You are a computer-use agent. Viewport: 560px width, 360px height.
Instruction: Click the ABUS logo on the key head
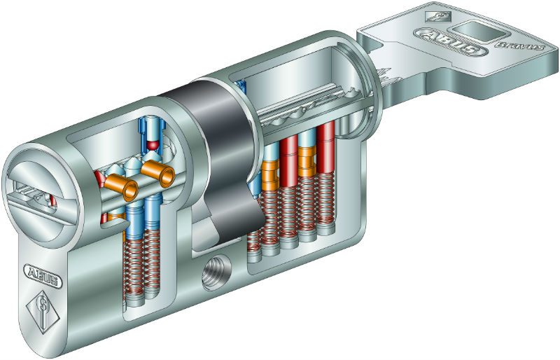tap(451, 43)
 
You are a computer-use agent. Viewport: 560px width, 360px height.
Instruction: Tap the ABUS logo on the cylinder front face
tap(43, 276)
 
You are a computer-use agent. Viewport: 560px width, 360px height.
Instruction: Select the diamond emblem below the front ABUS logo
tap(43, 312)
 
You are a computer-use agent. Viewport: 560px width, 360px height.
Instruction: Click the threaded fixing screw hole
tap(216, 273)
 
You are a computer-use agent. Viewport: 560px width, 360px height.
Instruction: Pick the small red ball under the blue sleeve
tap(153, 145)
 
